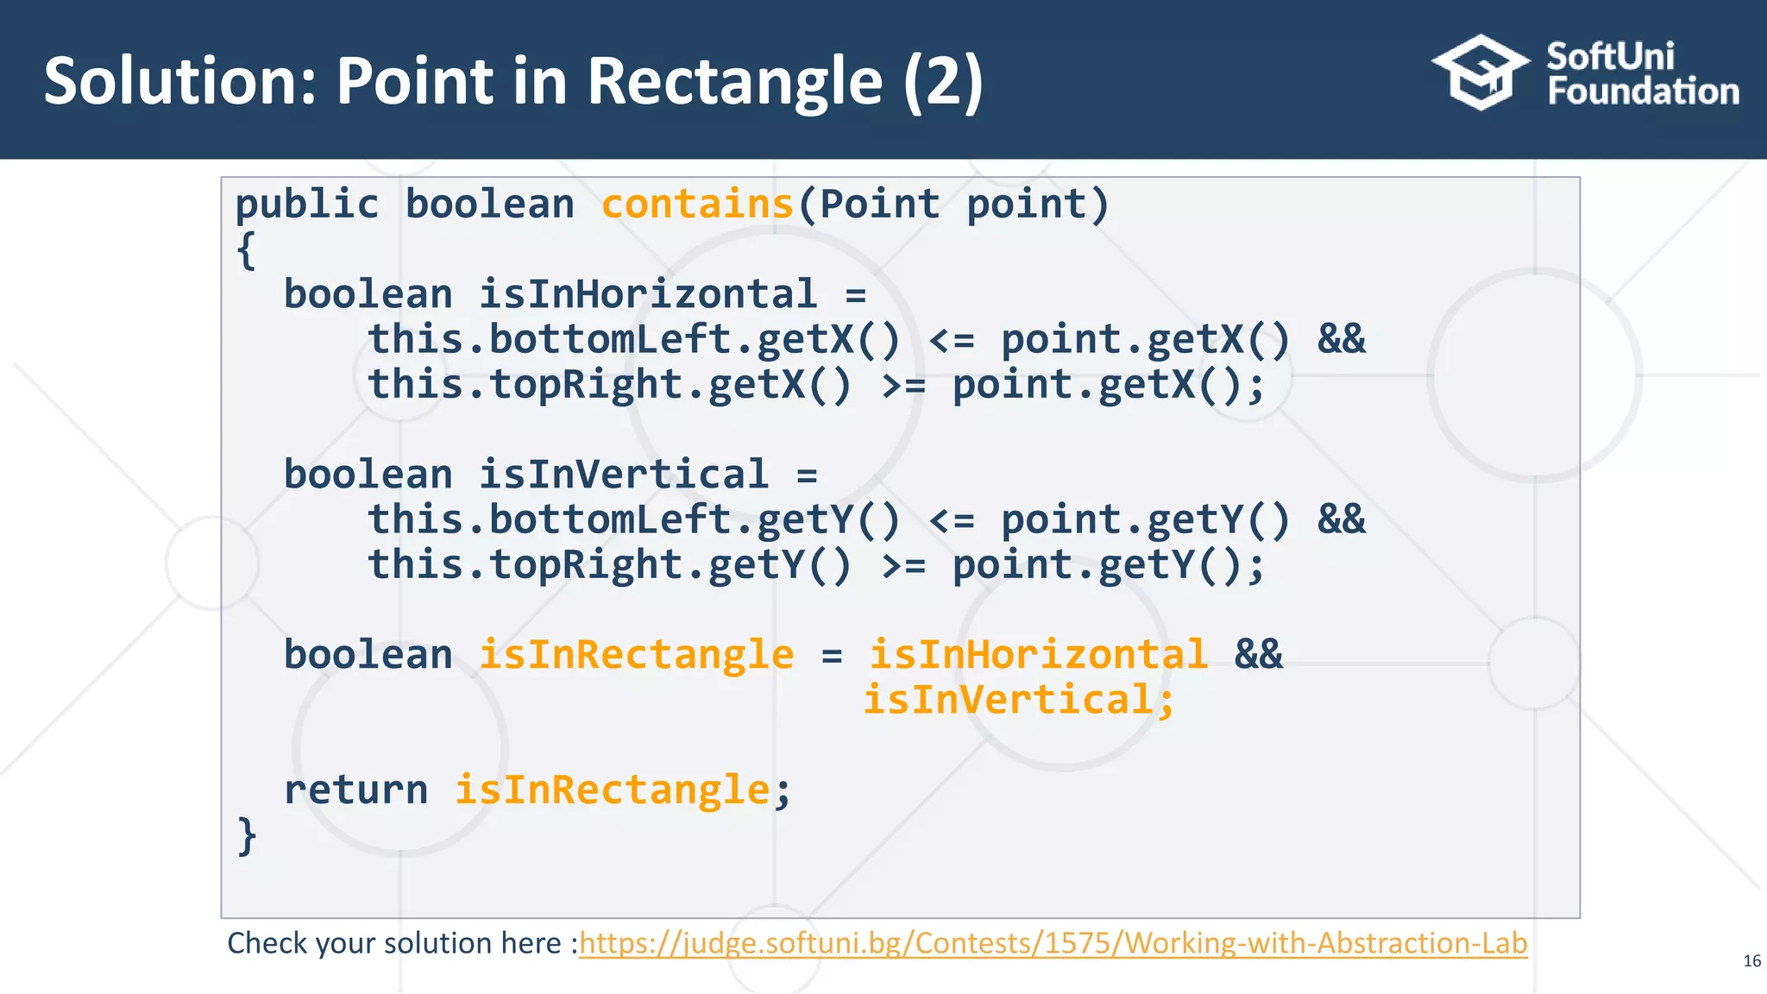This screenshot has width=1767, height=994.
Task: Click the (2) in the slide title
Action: pos(942,81)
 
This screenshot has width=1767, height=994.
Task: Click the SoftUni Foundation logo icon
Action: pos(1479,72)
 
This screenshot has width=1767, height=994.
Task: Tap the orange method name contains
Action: pos(696,204)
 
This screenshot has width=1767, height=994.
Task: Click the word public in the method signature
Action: pos(306,204)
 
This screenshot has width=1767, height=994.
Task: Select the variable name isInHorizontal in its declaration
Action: pos(647,294)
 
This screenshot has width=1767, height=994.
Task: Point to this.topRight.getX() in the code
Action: pos(609,384)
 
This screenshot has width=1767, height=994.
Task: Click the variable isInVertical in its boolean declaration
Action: pos(623,475)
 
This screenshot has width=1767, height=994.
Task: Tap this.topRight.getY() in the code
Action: pos(609,564)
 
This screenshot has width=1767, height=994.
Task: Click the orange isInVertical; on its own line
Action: pos(1019,699)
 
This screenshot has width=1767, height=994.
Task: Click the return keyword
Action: pos(355,790)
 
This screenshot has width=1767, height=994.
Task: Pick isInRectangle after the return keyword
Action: pos(612,790)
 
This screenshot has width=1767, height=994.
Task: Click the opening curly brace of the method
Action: pos(246,250)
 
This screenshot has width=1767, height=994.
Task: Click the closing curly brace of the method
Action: pos(247,835)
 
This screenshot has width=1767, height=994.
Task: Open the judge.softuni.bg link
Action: pos(1053,943)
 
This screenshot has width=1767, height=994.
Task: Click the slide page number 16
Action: pos(1751,961)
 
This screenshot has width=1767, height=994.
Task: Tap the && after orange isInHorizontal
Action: pos(1258,654)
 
